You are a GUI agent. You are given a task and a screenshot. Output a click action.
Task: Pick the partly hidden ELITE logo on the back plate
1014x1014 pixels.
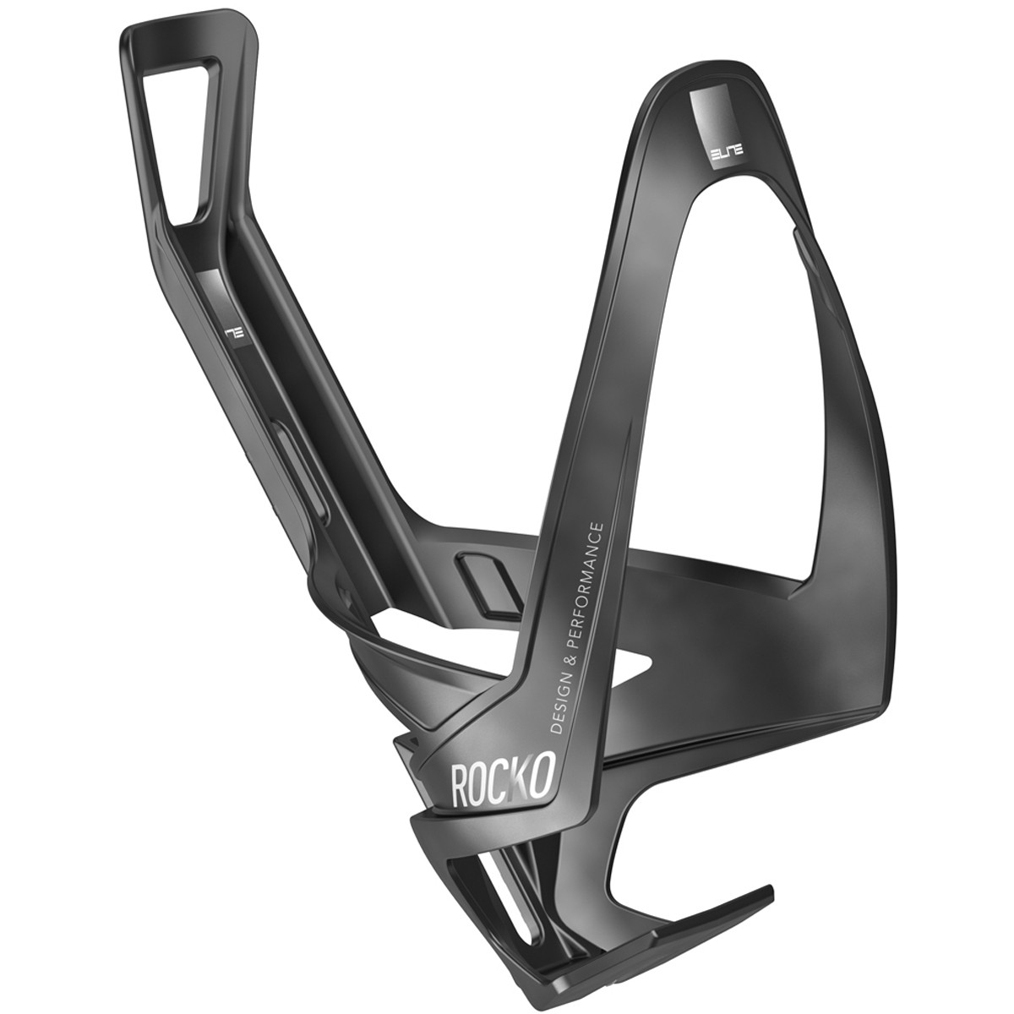(x=232, y=334)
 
